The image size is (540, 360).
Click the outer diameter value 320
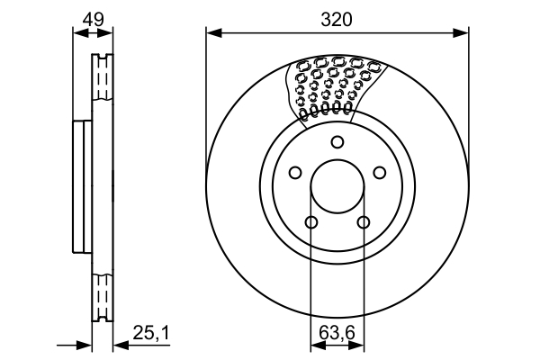(337, 19)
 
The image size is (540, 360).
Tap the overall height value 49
(93, 18)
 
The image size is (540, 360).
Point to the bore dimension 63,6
(337, 334)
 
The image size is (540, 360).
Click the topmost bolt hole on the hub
(337, 141)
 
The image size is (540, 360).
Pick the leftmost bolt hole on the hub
(294, 174)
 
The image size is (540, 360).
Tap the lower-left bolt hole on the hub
(311, 223)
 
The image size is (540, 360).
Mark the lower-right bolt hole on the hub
(364, 223)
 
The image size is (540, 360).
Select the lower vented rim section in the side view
(103, 292)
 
